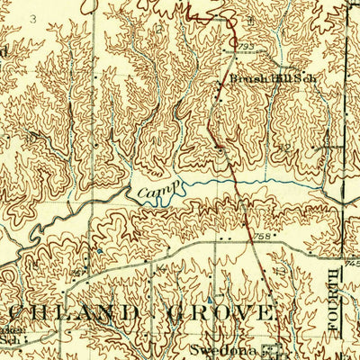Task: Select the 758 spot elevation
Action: coord(264,237)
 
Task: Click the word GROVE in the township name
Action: coord(220,313)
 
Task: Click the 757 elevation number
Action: coord(79,272)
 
